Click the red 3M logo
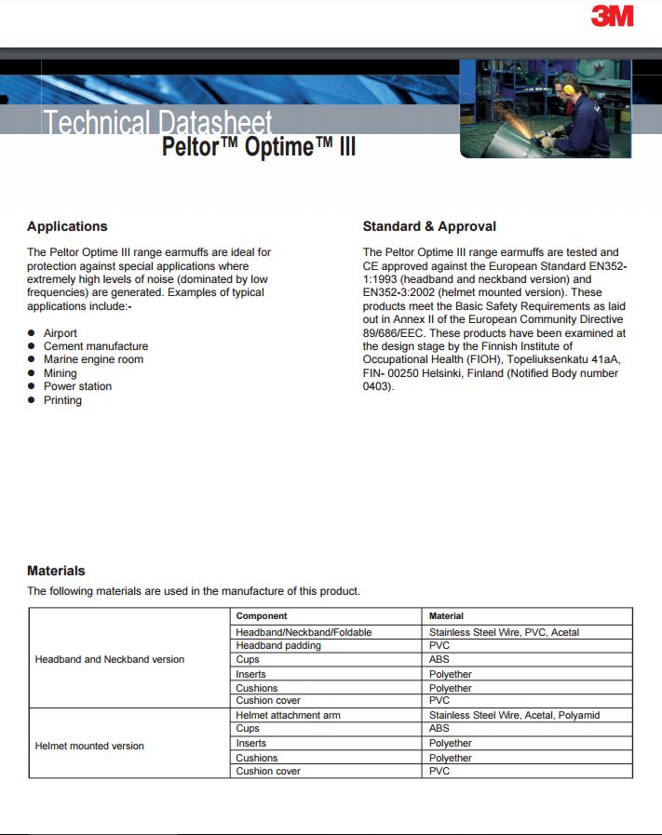(x=612, y=16)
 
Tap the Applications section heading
(x=67, y=226)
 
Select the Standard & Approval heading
(x=429, y=226)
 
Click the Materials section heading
(x=56, y=571)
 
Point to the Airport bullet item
(x=61, y=333)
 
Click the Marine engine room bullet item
(x=93, y=359)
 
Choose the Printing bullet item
(x=62, y=400)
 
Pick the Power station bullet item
(x=77, y=386)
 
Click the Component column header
(x=262, y=616)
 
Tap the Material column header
(x=446, y=616)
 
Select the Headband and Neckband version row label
(x=110, y=659)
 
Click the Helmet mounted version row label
(x=89, y=746)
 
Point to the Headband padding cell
(x=278, y=645)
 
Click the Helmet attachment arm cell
(x=289, y=715)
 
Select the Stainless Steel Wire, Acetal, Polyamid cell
(x=514, y=715)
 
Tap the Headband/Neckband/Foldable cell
(x=304, y=632)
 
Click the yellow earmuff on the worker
(x=567, y=90)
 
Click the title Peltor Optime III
(x=259, y=147)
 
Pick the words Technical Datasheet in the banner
(x=158, y=122)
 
